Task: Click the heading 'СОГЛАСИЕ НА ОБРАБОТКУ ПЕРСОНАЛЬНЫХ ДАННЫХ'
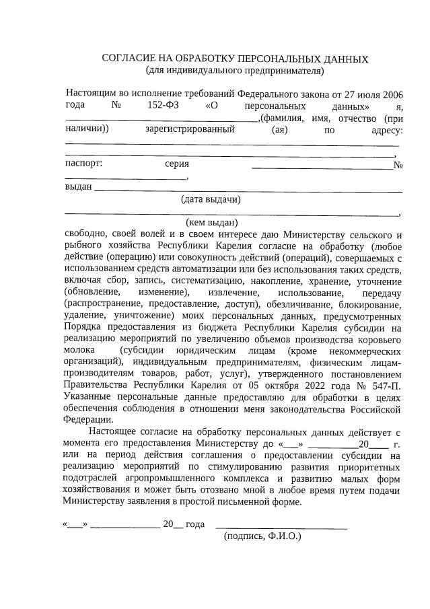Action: [235, 59]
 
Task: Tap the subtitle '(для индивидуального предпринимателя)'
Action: [235, 70]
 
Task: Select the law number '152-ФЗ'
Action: [162, 106]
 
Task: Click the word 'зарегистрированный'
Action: [190, 130]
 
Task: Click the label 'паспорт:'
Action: [83, 164]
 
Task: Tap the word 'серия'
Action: [176, 164]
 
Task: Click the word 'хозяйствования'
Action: [97, 490]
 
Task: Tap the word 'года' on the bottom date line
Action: [194, 524]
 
